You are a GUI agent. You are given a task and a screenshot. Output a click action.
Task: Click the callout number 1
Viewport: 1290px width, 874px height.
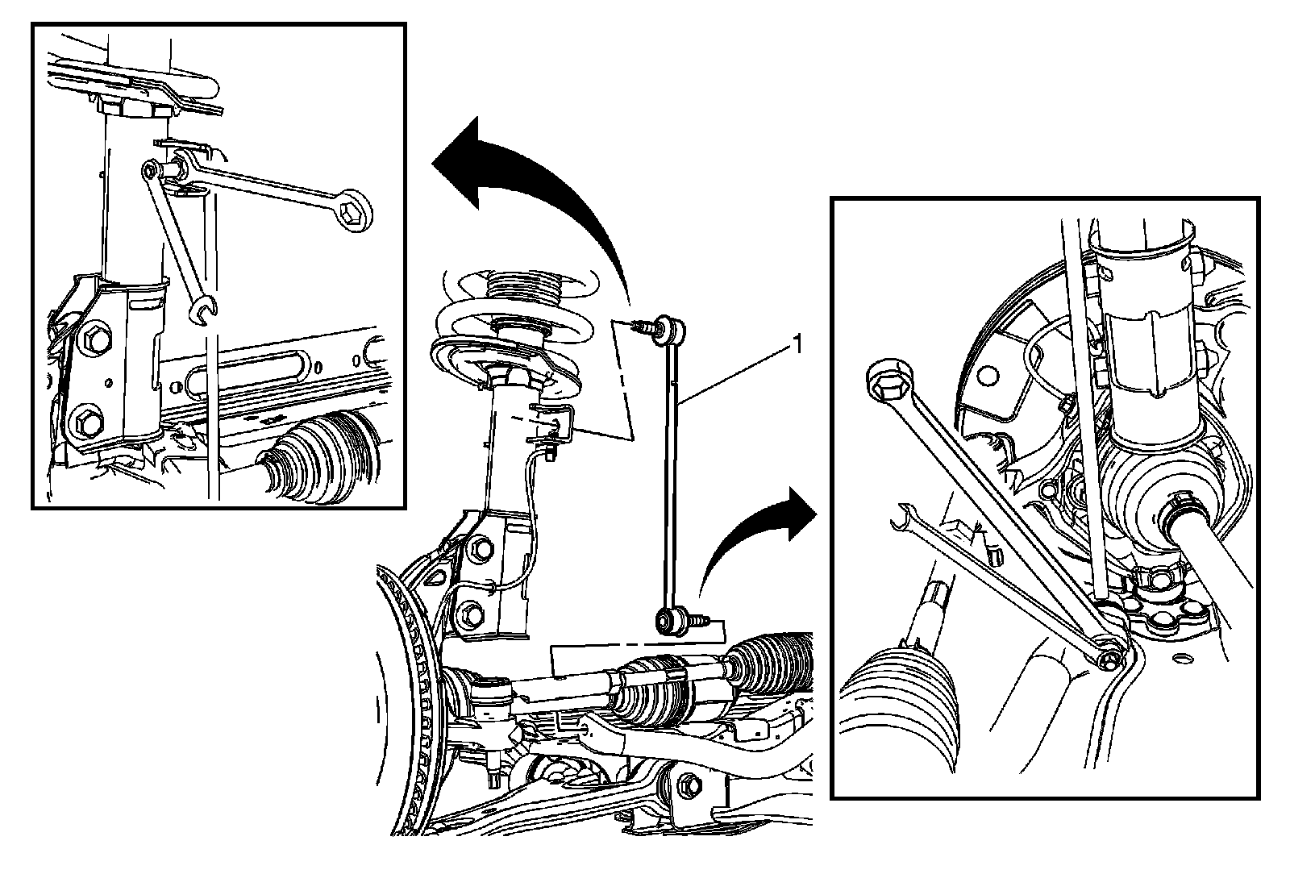point(797,346)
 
